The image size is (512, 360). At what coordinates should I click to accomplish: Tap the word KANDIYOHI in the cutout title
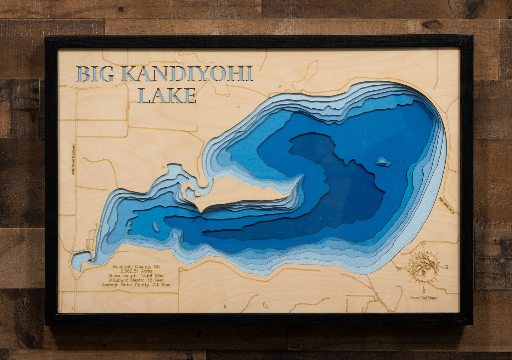click(186, 74)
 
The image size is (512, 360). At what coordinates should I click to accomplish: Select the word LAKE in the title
click(167, 96)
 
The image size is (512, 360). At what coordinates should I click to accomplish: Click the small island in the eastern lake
click(383, 161)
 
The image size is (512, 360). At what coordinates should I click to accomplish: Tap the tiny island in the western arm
click(156, 227)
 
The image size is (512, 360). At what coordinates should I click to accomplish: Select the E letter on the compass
click(446, 267)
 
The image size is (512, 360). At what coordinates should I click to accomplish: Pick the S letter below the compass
click(423, 291)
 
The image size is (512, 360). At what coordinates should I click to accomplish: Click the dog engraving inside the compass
click(423, 266)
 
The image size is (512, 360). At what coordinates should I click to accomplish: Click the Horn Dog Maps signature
click(423, 298)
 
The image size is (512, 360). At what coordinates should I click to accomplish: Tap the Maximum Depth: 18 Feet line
click(137, 280)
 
